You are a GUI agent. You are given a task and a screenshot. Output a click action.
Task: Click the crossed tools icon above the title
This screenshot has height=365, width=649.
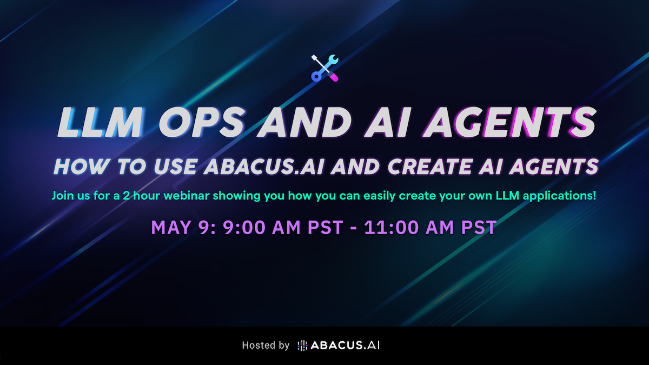click(x=325, y=68)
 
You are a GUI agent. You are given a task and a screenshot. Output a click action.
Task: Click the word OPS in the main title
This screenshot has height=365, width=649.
click(x=201, y=122)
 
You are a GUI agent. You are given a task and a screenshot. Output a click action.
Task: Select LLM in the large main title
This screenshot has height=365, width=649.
click(x=100, y=122)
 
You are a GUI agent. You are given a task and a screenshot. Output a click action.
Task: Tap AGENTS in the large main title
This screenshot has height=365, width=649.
click(x=509, y=122)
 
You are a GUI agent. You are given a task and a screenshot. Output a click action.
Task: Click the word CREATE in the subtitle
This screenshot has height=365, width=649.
click(x=429, y=167)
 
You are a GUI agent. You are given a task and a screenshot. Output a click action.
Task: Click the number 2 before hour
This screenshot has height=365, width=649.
click(x=127, y=196)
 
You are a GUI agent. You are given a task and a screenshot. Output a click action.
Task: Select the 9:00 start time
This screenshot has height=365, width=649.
click(x=244, y=227)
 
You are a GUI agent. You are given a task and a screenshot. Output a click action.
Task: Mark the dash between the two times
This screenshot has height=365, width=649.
click(x=354, y=228)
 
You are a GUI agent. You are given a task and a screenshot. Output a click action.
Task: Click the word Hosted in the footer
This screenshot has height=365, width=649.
click(x=257, y=346)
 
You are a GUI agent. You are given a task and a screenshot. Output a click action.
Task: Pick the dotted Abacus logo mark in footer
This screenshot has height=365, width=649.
click(x=302, y=346)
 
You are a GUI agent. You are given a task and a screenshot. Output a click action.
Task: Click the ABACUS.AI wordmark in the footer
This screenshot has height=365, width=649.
click(x=345, y=346)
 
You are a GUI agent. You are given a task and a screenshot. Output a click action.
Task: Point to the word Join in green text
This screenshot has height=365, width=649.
click(x=62, y=196)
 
